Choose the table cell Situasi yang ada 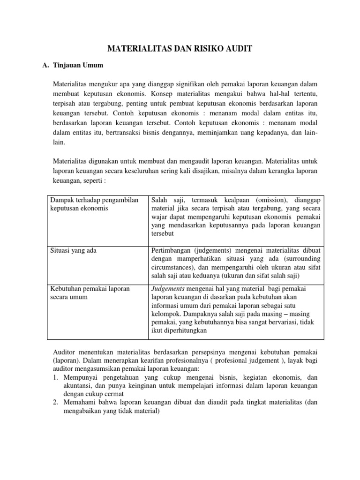pos(73,250)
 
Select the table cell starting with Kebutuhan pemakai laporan pos(90,292)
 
